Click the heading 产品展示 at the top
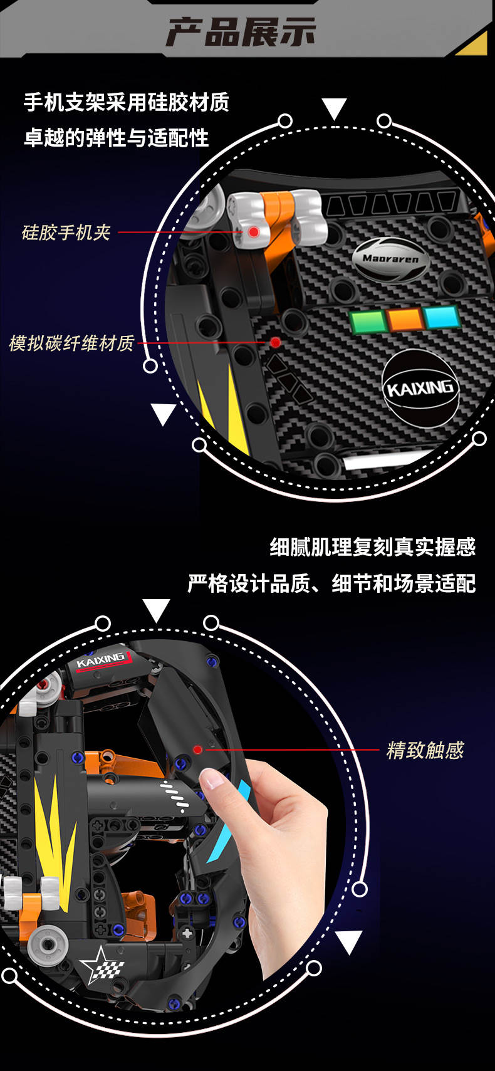241,32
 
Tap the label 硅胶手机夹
66,233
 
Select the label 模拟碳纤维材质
71,343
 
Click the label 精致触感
425,750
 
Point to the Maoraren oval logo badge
391,259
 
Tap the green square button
368,321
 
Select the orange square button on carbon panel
405,318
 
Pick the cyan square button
442,316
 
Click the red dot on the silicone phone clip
254,232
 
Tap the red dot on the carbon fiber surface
276,342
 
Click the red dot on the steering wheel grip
197,750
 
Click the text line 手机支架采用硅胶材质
127,102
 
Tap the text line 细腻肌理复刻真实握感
373,547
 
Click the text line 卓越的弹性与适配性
116,138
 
